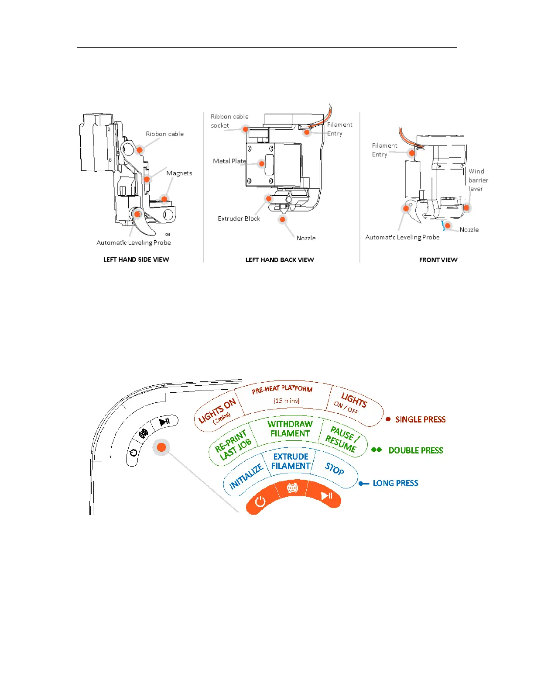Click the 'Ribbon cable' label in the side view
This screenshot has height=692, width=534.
tap(164, 134)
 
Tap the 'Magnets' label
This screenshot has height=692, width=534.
tap(179, 173)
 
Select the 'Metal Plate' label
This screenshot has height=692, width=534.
tap(229, 161)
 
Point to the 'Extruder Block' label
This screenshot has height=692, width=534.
tap(239, 219)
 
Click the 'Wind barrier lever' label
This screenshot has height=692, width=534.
tap(478, 180)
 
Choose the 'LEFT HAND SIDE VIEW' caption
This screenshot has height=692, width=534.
tap(136, 259)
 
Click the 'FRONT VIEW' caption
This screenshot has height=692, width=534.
tap(438, 260)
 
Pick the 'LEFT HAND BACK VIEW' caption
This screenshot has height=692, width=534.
tap(280, 260)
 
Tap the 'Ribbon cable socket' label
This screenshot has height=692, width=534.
tap(229, 121)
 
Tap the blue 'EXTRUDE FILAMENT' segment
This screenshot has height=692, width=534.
tap(291, 462)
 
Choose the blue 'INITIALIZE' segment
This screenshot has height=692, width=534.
tap(246, 476)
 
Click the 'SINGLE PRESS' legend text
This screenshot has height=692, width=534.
tap(420, 420)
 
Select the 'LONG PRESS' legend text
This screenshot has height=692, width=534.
tap(395, 483)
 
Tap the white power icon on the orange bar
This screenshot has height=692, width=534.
tap(260, 501)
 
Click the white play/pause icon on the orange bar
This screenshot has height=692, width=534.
tap(326, 496)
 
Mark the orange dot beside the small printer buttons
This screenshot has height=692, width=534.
tap(161, 447)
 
